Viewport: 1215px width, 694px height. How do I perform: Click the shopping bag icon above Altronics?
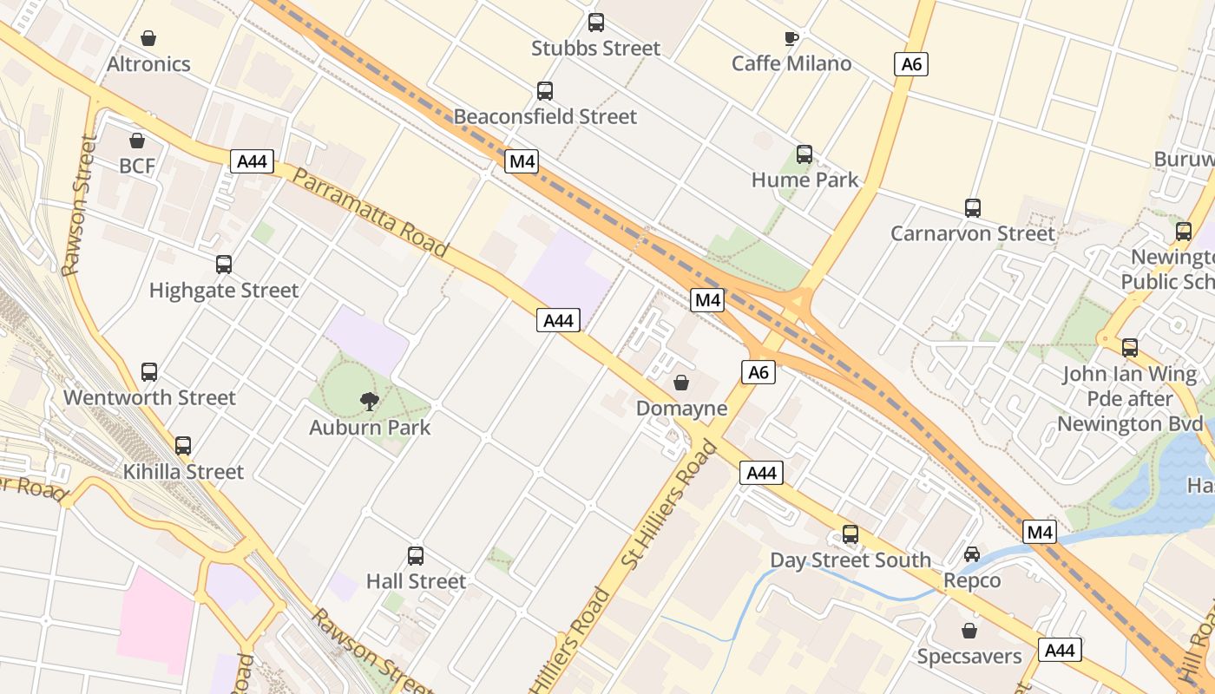148,38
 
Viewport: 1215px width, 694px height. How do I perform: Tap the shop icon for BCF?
137,141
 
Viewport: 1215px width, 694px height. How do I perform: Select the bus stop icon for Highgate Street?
224,265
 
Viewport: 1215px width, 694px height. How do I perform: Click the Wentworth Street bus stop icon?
149,372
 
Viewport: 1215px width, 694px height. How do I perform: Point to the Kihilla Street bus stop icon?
183,446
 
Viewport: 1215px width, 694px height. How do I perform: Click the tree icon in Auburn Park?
370,401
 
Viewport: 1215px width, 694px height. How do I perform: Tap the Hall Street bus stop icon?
416,555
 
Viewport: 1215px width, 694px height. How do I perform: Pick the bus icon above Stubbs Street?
596,23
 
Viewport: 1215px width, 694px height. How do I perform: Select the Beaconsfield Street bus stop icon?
545,91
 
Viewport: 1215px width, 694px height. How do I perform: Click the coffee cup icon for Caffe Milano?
791,38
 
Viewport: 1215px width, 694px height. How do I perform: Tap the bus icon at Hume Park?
805,154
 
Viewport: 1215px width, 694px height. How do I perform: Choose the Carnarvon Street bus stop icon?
973,208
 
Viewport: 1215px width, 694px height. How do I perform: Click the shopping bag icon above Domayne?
681,382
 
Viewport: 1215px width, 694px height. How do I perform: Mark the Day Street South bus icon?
850,534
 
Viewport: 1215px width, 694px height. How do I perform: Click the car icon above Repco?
972,554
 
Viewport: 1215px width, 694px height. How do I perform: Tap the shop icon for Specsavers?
969,631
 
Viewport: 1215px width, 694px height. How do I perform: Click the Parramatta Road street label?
371,212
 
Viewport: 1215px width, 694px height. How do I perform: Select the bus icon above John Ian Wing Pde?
1130,348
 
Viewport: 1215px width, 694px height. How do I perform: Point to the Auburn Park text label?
370,428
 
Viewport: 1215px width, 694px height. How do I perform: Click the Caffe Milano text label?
791,63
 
